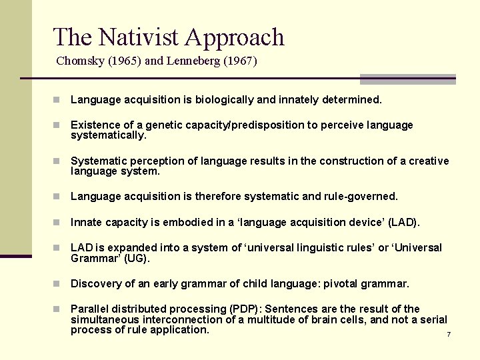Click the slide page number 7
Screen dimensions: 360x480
(449, 334)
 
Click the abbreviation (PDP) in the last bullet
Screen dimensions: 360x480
(243, 309)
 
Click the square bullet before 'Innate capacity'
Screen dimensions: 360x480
(58, 222)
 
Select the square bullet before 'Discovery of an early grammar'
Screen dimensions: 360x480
(58, 284)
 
